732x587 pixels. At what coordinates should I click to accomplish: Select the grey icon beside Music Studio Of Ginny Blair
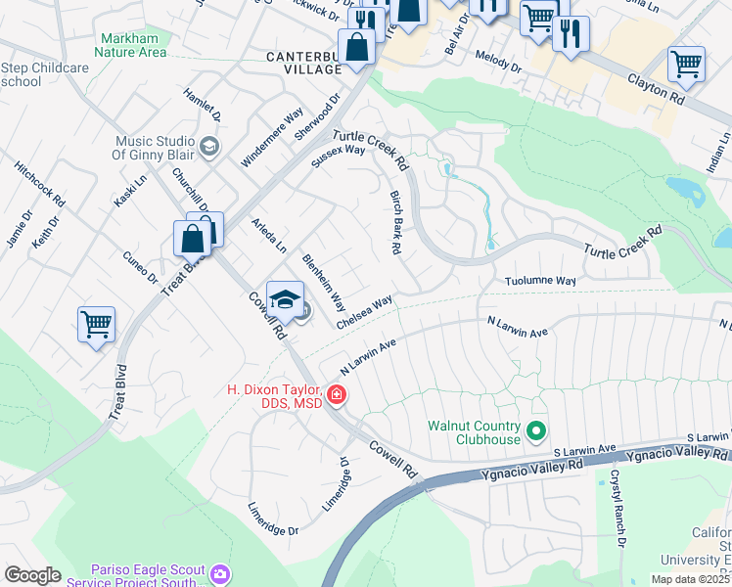pos(208,147)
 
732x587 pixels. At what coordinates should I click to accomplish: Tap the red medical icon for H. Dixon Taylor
pos(336,395)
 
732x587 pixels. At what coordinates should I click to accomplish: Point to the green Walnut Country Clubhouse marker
pos(535,430)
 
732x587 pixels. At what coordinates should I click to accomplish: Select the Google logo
pos(32,575)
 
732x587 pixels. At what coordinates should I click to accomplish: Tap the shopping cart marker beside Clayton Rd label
pos(686,65)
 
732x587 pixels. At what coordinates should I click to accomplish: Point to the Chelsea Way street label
pos(364,311)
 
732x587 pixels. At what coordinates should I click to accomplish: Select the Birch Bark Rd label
pos(393,223)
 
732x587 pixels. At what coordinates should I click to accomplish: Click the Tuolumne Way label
pos(539,281)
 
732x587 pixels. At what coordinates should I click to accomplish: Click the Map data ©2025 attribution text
pos(689,579)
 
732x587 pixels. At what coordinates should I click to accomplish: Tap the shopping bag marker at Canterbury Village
pos(357,48)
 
